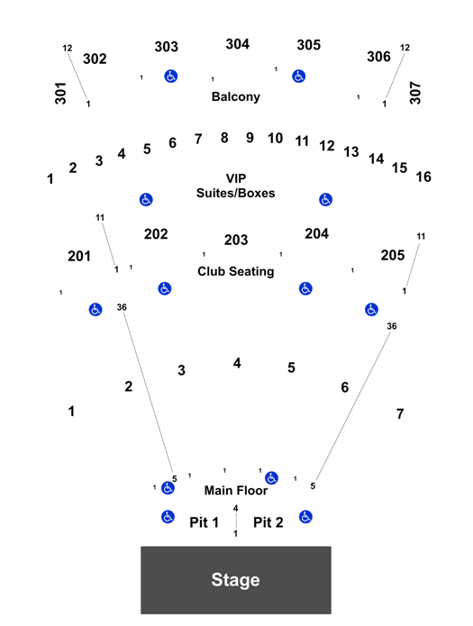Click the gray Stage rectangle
click(x=236, y=580)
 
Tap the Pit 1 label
click(x=204, y=522)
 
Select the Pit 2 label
click(x=268, y=522)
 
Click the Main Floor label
click(x=236, y=490)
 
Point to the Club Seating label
click(x=236, y=271)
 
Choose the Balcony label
click(x=236, y=96)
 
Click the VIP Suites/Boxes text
click(x=236, y=186)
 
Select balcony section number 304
click(x=237, y=44)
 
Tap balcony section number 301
click(x=60, y=93)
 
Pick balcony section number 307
click(x=415, y=93)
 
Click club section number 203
click(x=236, y=240)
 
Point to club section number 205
click(x=392, y=255)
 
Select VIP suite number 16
click(x=423, y=177)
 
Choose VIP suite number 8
click(x=224, y=138)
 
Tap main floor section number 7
click(x=400, y=414)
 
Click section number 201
click(x=79, y=256)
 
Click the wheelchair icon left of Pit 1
click(x=168, y=517)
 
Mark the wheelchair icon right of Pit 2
click(x=305, y=517)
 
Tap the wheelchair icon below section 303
click(x=171, y=76)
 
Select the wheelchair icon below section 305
click(x=299, y=76)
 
